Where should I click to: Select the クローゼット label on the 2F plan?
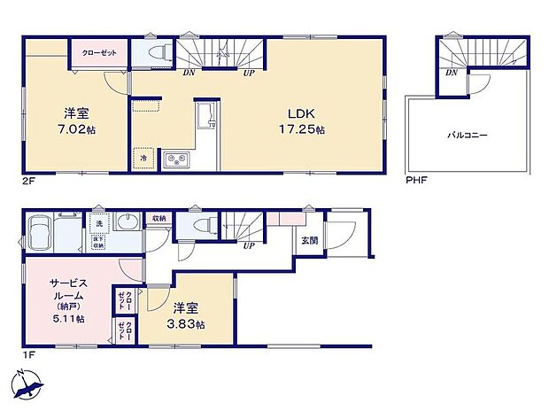click(x=97, y=53)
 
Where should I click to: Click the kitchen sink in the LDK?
click(x=205, y=114)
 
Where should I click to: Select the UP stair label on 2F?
click(x=250, y=74)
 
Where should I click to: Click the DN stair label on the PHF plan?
click(x=452, y=74)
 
